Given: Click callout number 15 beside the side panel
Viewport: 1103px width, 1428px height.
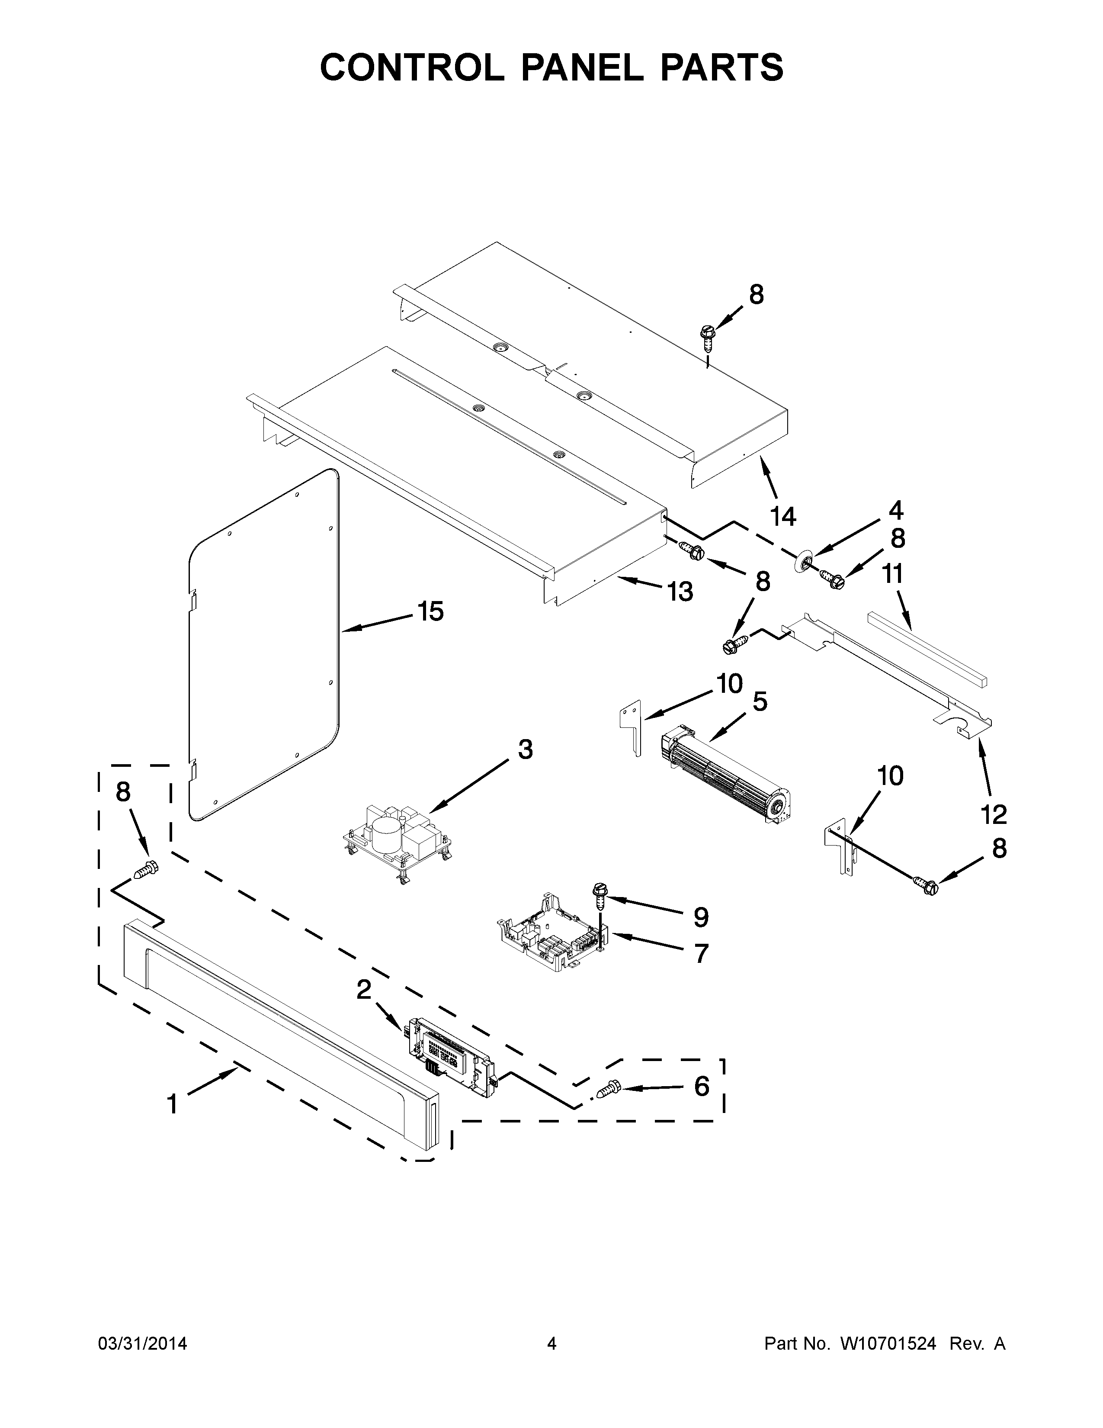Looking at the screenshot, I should pyautogui.click(x=431, y=611).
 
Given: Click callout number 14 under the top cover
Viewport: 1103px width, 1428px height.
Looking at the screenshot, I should pyautogui.click(x=783, y=517).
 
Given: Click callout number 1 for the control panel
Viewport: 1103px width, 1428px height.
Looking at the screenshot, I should pyautogui.click(x=172, y=1104).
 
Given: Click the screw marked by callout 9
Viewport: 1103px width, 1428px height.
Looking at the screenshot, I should pyautogui.click(x=599, y=894).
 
